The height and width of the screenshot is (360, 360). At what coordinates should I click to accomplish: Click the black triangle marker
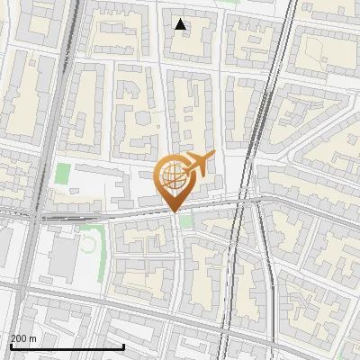point(180,24)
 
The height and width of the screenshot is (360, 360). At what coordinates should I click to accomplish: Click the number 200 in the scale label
point(18,338)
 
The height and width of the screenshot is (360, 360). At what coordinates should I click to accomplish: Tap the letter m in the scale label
point(32,338)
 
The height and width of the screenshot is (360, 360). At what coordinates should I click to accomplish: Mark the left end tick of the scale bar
point(11,346)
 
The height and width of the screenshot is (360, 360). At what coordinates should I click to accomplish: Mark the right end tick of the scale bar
point(123,346)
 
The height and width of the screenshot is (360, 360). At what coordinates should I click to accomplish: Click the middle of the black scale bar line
point(67,346)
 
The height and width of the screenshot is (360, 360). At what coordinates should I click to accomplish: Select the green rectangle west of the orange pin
point(62,173)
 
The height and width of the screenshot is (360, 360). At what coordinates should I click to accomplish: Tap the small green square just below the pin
point(185,220)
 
